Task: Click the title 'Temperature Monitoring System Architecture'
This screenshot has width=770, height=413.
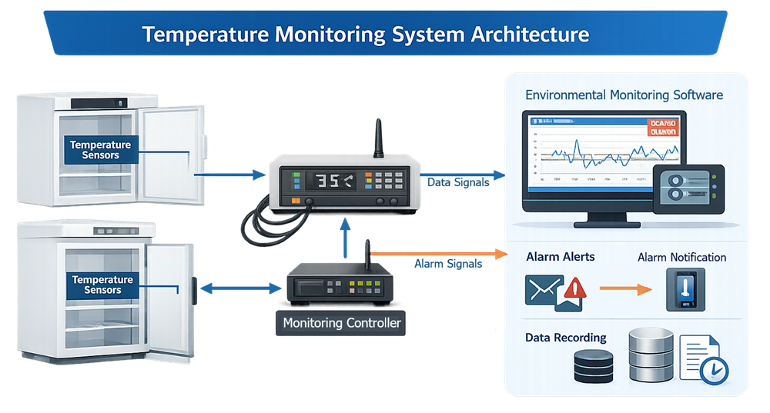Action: pyautogui.click(x=367, y=35)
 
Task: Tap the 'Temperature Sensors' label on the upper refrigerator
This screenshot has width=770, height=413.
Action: pyautogui.click(x=100, y=150)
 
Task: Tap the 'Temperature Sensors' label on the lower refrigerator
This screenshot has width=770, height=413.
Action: pyautogui.click(x=102, y=285)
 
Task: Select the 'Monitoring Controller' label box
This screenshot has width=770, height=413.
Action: pyautogui.click(x=342, y=323)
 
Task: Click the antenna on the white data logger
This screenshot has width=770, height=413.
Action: pyautogui.click(x=379, y=138)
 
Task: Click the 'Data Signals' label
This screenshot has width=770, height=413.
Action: pyautogui.click(x=457, y=182)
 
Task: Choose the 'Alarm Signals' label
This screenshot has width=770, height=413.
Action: pyautogui.click(x=448, y=264)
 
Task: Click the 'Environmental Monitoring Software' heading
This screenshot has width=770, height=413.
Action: pyautogui.click(x=624, y=95)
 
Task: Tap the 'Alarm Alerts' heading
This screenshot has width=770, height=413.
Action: pyautogui.click(x=561, y=256)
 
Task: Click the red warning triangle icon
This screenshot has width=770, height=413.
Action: pyautogui.click(x=574, y=288)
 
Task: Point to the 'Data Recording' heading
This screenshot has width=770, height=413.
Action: pyautogui.click(x=566, y=338)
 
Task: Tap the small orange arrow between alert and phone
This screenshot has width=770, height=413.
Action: pyautogui.click(x=624, y=289)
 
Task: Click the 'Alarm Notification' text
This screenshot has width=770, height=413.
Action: pyautogui.click(x=681, y=257)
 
